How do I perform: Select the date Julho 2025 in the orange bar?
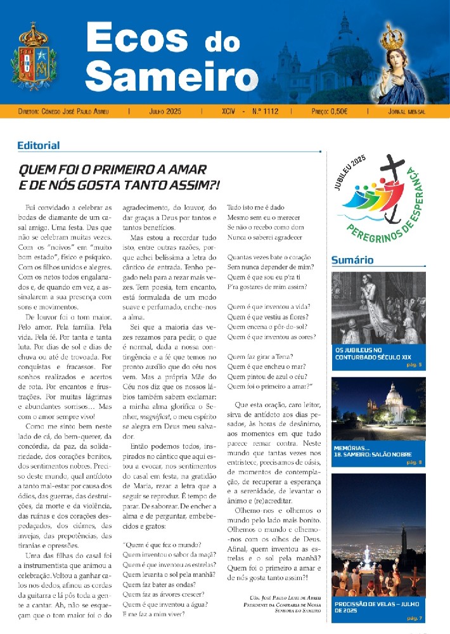click(165, 111)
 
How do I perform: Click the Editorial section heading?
click(39, 146)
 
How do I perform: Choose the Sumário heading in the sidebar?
click(352, 260)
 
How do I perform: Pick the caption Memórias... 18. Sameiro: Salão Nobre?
click(373, 455)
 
